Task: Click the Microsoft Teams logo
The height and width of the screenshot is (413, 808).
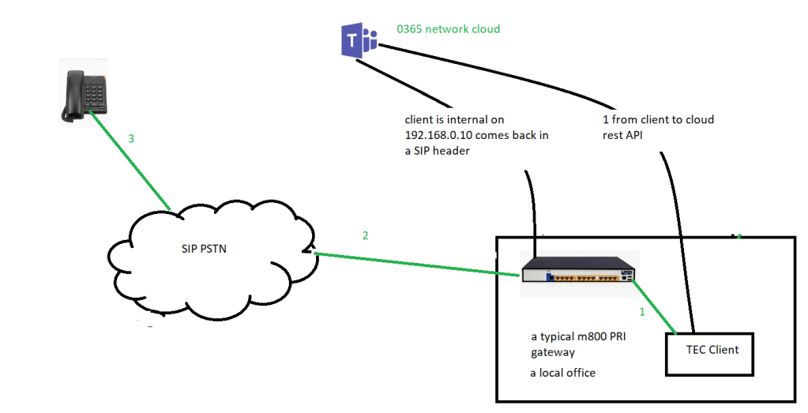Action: click(357, 40)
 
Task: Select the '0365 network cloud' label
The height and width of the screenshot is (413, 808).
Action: click(448, 29)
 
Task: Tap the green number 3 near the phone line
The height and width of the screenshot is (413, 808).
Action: click(132, 139)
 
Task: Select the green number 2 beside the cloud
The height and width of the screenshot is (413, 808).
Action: click(365, 235)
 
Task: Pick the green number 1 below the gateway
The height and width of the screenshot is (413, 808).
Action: click(641, 312)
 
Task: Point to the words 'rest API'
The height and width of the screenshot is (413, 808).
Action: click(627, 134)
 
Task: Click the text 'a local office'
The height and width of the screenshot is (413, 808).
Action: click(562, 372)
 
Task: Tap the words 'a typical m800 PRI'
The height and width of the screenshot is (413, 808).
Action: click(580, 336)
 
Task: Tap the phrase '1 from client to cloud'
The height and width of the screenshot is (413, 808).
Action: click(657, 119)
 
